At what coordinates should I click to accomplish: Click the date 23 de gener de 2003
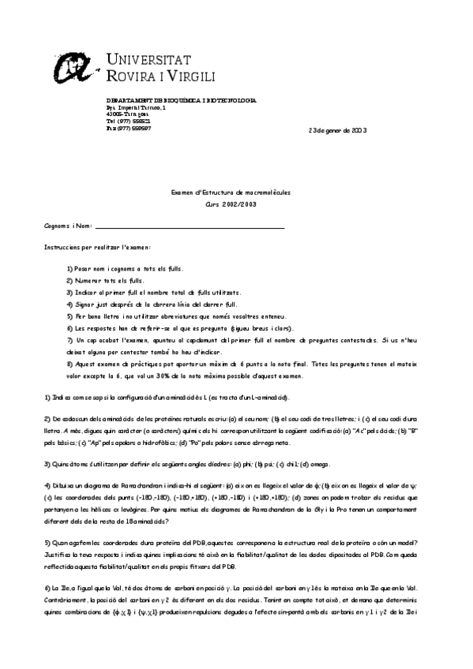[x=337, y=130]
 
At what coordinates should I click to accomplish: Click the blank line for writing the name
[x=190, y=227]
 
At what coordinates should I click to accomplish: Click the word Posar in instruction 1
[x=83, y=268]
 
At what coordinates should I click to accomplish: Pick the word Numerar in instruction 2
[x=87, y=280]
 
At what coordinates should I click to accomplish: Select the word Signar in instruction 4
[x=85, y=304]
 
